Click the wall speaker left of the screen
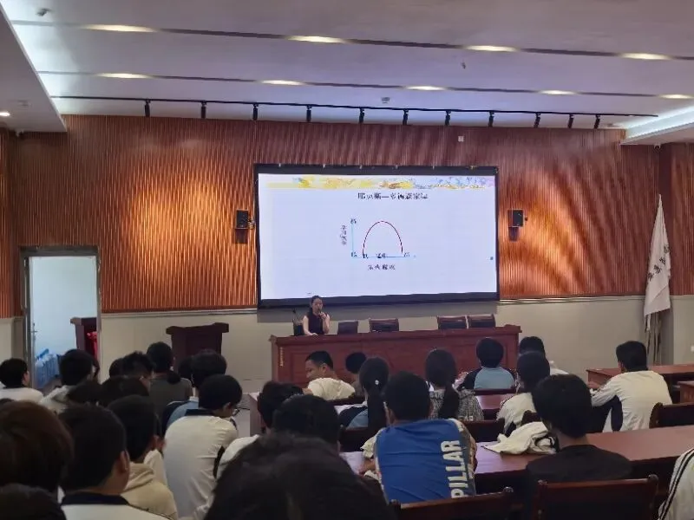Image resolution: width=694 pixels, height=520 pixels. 242,219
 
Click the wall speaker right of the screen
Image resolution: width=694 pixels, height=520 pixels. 516,218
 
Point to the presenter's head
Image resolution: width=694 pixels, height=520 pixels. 315,302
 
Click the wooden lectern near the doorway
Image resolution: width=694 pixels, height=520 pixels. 196,339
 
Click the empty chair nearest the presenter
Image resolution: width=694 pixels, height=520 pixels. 348,327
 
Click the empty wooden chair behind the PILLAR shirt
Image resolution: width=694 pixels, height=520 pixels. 451,507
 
